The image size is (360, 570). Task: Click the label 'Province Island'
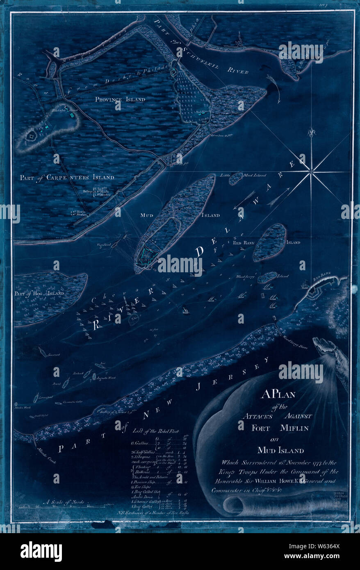(120, 99)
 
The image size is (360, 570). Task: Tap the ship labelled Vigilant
(116, 246)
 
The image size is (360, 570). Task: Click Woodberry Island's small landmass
(267, 277)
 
